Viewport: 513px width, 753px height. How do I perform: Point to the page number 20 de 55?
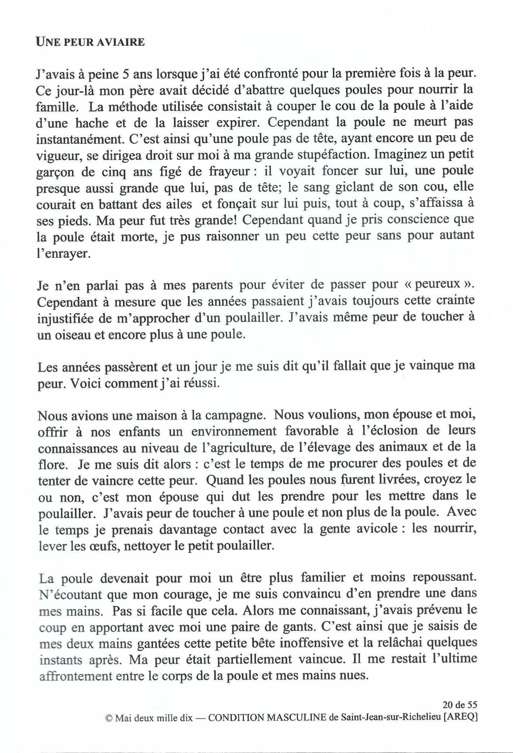[459, 705]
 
